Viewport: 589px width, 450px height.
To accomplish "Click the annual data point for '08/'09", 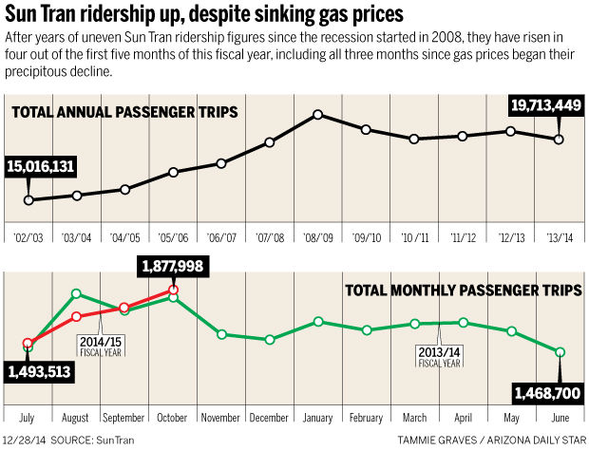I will tap(318, 115).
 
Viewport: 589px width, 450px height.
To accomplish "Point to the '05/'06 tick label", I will tap(174, 237).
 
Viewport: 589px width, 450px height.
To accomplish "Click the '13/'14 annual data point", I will tap(559, 140).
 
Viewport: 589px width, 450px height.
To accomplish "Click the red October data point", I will tap(174, 290).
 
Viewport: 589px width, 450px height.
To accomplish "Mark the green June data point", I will tap(560, 352).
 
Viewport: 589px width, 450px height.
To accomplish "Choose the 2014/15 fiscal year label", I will tap(102, 339).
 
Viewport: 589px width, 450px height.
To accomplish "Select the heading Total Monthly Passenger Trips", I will tap(458, 290).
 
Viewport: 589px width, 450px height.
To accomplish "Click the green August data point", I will tap(77, 294).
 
